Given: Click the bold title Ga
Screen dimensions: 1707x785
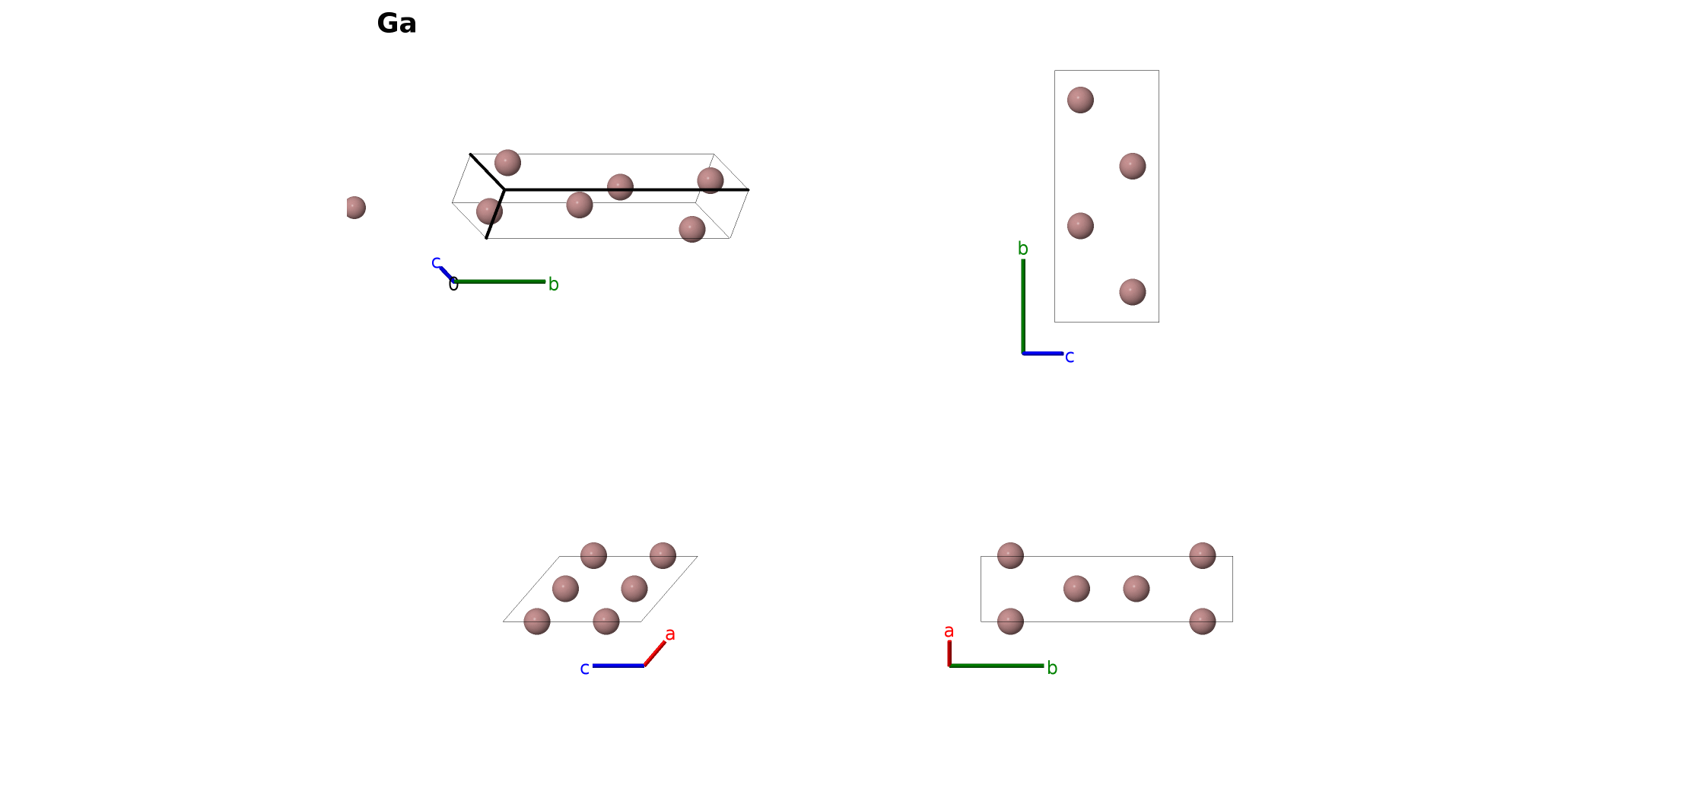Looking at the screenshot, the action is point(396,24).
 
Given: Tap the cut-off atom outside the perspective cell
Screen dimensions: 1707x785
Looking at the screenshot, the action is point(355,208).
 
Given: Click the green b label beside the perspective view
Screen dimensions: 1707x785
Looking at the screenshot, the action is point(554,284).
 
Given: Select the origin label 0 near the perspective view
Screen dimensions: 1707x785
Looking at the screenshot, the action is point(453,284).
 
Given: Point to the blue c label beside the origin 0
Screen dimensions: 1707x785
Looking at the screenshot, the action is point(436,262).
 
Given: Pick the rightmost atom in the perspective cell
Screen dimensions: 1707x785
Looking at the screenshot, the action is point(710,181).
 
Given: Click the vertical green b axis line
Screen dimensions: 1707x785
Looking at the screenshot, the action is point(1023,307).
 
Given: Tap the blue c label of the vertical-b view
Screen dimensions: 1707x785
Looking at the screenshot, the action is point(1070,357).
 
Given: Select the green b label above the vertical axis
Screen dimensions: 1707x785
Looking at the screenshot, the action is point(1023,249).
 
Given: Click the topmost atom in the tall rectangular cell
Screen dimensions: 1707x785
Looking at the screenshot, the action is point(1080,100).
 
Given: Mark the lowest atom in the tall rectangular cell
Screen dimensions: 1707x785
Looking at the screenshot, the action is point(1133,292).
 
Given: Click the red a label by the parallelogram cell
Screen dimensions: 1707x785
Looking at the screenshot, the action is point(670,634).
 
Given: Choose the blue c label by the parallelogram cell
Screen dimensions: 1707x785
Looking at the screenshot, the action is point(584,669).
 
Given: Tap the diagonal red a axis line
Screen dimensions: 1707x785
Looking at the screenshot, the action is point(655,653).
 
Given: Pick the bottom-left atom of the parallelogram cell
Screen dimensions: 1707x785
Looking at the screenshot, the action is point(537,621).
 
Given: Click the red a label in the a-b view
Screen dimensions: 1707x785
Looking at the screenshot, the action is point(949,631).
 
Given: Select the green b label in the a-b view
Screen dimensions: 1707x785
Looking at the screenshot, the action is point(1052,668).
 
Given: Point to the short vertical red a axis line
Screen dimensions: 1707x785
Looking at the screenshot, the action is point(949,653).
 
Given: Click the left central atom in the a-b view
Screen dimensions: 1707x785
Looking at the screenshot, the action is point(1076,589).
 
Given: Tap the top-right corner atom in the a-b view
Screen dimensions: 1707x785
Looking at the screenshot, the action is point(1203,555).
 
